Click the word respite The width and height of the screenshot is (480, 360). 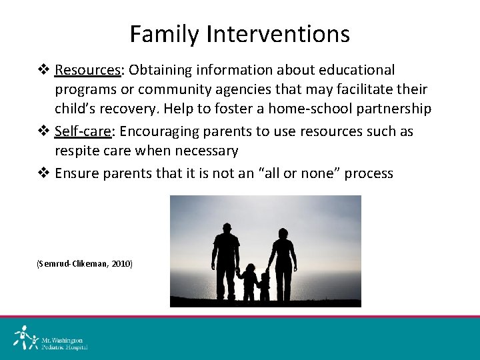point(79,151)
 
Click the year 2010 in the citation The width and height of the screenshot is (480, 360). point(121,264)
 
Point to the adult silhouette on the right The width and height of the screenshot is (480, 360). point(283,263)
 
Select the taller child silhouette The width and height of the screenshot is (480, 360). point(249,280)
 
